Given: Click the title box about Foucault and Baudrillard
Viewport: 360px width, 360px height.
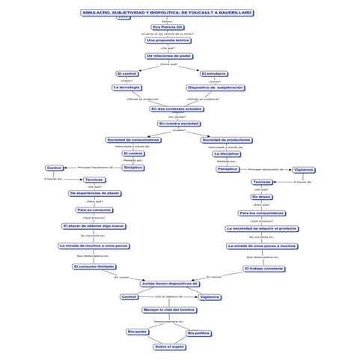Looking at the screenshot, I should click(x=166, y=13).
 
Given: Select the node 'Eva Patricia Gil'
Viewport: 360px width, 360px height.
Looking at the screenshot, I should click(x=168, y=27).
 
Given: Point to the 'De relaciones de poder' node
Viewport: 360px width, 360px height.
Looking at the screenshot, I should click(x=168, y=56).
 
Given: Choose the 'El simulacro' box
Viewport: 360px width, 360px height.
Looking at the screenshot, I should click(x=214, y=73).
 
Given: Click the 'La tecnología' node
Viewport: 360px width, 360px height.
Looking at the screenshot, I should click(x=126, y=88).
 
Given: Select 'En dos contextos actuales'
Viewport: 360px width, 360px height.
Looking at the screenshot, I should click(x=177, y=109).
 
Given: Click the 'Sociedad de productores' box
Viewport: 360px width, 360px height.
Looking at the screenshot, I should click(x=226, y=140).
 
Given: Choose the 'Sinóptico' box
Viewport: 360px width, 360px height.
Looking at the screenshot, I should click(x=133, y=168).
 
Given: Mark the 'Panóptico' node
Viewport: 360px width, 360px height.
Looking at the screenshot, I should click(x=228, y=169).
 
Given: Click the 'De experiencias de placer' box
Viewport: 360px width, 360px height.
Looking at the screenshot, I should click(x=94, y=193).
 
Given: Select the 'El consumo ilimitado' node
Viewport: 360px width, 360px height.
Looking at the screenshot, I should click(x=94, y=266).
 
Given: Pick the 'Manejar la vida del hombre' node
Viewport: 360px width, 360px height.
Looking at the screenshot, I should click(x=169, y=309).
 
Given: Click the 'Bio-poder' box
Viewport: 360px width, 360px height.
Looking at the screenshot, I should click(x=138, y=331).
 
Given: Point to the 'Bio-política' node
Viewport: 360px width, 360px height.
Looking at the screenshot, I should click(x=199, y=333).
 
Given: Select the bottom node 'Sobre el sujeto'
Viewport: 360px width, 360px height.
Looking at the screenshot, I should click(x=169, y=347).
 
